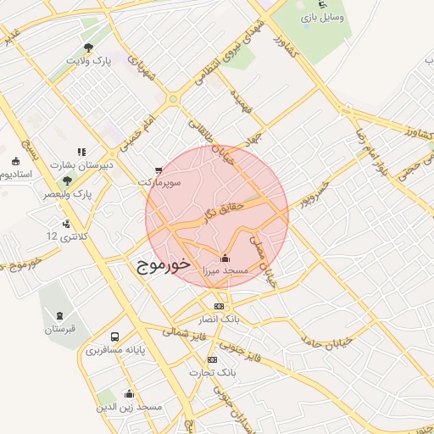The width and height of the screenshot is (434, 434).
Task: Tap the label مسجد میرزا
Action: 225,270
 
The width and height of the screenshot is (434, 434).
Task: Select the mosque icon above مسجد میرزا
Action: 225,258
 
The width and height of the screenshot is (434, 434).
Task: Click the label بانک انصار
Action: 219,319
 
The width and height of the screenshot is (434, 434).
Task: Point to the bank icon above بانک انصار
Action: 219,306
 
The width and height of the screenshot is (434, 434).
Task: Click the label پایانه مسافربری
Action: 115,348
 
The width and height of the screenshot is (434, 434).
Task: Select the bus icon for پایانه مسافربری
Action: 115,336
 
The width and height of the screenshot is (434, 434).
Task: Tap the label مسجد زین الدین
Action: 129,406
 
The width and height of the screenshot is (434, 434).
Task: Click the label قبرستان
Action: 60,328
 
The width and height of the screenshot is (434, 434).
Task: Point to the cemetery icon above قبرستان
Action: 60,314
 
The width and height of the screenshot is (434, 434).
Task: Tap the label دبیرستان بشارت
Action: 81,164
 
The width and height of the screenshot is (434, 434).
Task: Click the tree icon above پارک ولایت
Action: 89,47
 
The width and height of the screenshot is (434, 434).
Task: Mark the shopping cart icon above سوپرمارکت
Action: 159,170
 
